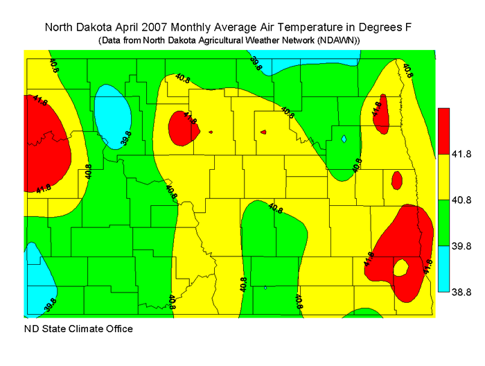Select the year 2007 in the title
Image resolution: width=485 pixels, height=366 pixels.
pos(167,28)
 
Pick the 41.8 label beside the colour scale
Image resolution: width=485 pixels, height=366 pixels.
pos(463,155)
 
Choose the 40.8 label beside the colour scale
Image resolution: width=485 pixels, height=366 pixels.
pos(463,200)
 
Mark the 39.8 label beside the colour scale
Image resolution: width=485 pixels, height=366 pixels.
pos(463,246)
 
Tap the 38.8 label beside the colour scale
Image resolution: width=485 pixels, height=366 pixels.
pos(463,292)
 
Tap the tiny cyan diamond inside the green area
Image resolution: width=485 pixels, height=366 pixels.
pos(344,139)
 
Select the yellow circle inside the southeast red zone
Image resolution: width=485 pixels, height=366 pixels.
pos(400,267)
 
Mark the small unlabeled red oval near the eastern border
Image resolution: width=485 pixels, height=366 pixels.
pos(396,180)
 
